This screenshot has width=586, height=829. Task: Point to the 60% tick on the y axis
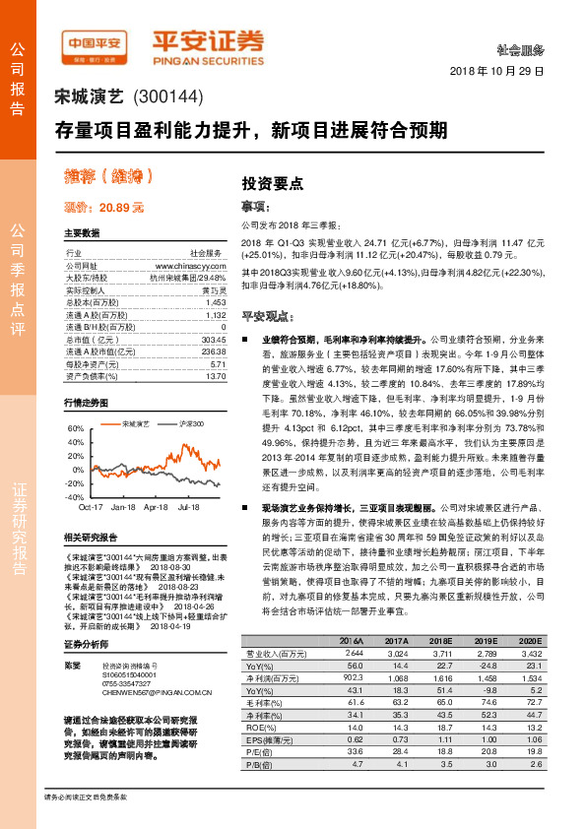(75, 429)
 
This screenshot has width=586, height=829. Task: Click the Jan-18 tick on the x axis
(123, 507)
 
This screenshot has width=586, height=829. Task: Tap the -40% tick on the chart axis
(74, 498)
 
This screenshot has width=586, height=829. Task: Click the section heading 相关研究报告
(91, 538)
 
